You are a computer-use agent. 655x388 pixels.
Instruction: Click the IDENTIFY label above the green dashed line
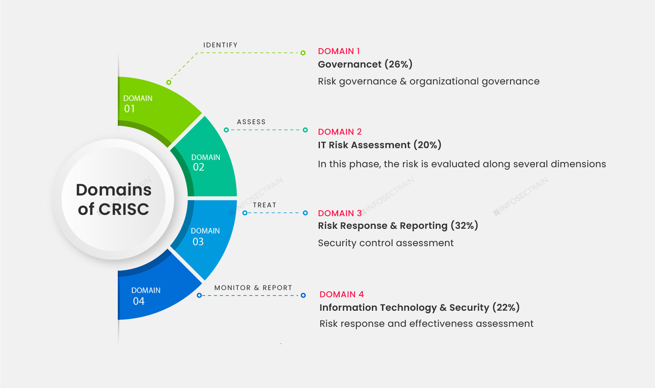(x=220, y=45)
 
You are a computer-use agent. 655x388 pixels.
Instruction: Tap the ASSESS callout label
(x=251, y=122)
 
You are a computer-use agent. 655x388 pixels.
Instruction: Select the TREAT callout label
(x=265, y=205)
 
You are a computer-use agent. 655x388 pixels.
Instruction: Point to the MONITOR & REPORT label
(x=253, y=288)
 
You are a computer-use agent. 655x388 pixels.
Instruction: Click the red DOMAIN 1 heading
(x=339, y=51)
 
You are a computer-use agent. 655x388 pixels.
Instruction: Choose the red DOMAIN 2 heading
(x=340, y=132)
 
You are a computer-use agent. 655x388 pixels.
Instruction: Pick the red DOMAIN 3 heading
(x=340, y=213)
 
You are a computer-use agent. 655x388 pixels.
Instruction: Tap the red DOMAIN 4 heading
(x=341, y=294)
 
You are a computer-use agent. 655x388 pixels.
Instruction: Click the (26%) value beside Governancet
(x=398, y=64)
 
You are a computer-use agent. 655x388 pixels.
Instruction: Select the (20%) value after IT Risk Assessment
(x=427, y=145)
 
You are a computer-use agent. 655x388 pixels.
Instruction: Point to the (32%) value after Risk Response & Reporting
(x=464, y=225)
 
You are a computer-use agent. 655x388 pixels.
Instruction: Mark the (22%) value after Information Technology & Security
(x=506, y=307)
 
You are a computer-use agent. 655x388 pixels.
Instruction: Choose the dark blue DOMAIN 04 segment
(x=152, y=292)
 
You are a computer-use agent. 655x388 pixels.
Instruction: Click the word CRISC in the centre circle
(x=124, y=209)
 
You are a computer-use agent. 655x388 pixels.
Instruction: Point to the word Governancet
(x=350, y=64)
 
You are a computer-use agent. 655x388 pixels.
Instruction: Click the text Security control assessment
(x=386, y=243)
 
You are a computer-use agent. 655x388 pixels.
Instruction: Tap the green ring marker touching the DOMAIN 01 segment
(x=169, y=82)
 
